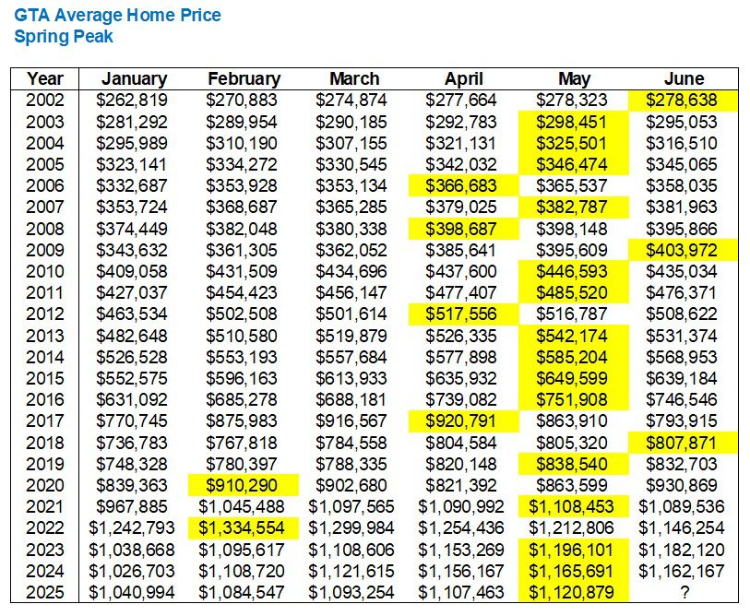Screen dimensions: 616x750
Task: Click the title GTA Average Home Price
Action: [117, 16]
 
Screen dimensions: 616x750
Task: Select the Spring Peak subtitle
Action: [64, 37]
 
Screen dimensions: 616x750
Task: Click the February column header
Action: [244, 79]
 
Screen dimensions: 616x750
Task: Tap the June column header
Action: [684, 79]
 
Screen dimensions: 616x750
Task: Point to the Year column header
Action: [44, 79]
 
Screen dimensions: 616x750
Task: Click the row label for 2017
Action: [44, 421]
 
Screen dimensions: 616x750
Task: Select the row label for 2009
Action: [44, 249]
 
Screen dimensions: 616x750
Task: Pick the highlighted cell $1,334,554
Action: [244, 528]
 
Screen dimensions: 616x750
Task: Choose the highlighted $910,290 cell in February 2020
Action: [244, 485]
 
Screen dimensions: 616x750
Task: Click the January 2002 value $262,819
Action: [135, 101]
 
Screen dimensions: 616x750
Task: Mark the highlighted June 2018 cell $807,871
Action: [684, 443]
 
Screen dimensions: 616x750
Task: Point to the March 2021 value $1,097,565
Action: [353, 507]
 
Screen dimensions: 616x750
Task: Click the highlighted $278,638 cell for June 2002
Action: [684, 101]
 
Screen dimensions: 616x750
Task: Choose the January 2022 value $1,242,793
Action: [135, 528]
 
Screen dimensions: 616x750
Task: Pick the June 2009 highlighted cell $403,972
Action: [684, 249]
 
